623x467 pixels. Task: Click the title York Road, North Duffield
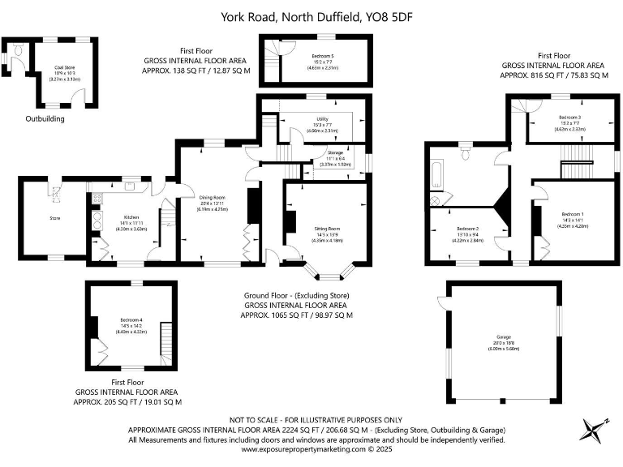(311, 16)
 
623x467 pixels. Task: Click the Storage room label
(335, 152)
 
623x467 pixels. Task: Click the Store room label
(55, 217)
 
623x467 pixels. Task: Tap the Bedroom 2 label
(466, 229)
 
